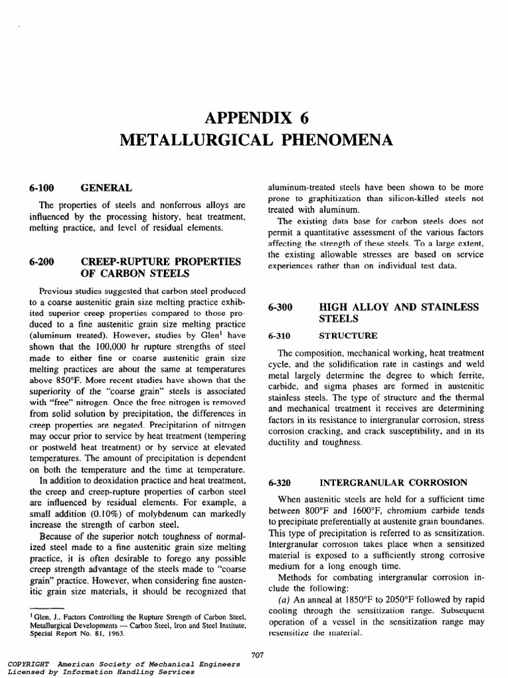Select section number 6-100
[x=42, y=188]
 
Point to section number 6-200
[x=42, y=263]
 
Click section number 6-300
[x=280, y=308]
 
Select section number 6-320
[x=280, y=482]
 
